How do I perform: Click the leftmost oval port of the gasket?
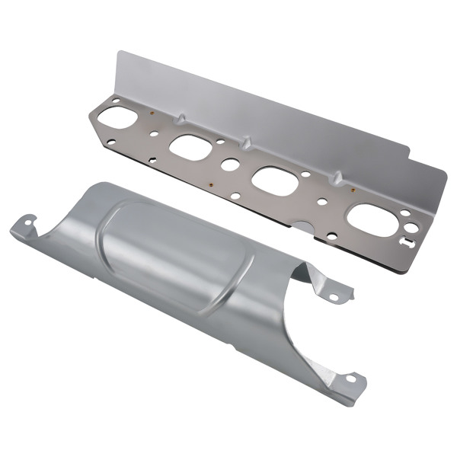pos(115,118)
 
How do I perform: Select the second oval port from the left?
pos(189,146)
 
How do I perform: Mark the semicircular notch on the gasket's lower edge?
pos(303,226)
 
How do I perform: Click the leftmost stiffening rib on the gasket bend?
pos(181,117)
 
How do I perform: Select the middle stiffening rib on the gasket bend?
pos(248,142)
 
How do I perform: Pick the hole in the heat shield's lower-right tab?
pos(351,378)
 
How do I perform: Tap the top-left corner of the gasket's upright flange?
pos(119,53)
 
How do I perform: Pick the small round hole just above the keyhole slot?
pos(405,213)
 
